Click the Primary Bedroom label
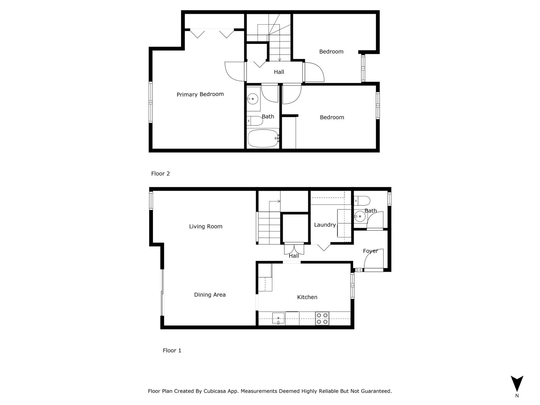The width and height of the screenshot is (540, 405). pos(200,94)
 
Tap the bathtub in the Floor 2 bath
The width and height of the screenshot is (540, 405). pos(263,138)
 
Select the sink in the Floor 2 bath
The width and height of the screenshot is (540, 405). pos(252,99)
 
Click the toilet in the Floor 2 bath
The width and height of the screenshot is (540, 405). pos(255,120)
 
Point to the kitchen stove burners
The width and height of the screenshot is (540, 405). pos(322,318)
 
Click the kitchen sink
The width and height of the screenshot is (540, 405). pos(278,318)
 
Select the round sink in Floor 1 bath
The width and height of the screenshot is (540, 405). pos(360,216)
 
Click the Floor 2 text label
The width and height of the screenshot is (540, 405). pos(160,174)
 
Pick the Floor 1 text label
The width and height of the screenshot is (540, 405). pos(172,351)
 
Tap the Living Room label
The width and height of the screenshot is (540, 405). pos(206,226)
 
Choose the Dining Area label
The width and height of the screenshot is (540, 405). pos(210,295)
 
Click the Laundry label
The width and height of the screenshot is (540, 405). pos(325,225)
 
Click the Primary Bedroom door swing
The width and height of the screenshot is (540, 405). pos(235,71)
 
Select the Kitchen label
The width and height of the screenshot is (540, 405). pos(307,297)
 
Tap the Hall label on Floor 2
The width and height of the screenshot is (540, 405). pos(279,72)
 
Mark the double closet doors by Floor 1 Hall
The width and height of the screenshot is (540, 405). pos(294,249)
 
